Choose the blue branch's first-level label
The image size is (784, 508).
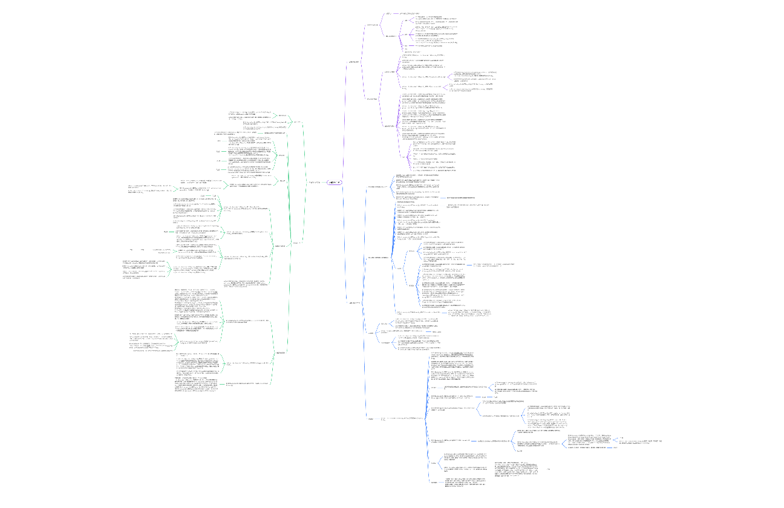point(355,302)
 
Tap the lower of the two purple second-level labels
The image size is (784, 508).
point(373,99)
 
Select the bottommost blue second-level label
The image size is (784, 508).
point(370,418)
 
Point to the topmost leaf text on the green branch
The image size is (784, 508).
point(247,114)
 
